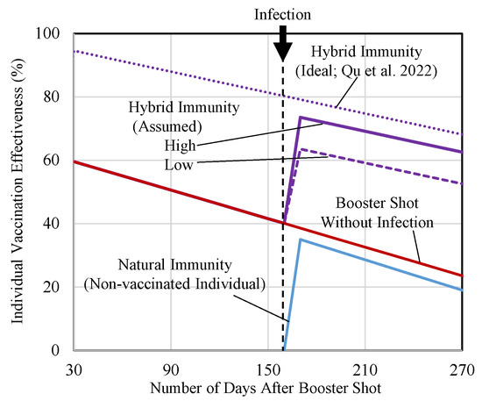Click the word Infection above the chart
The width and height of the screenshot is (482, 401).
282,14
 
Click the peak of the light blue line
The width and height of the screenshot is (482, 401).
301,240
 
